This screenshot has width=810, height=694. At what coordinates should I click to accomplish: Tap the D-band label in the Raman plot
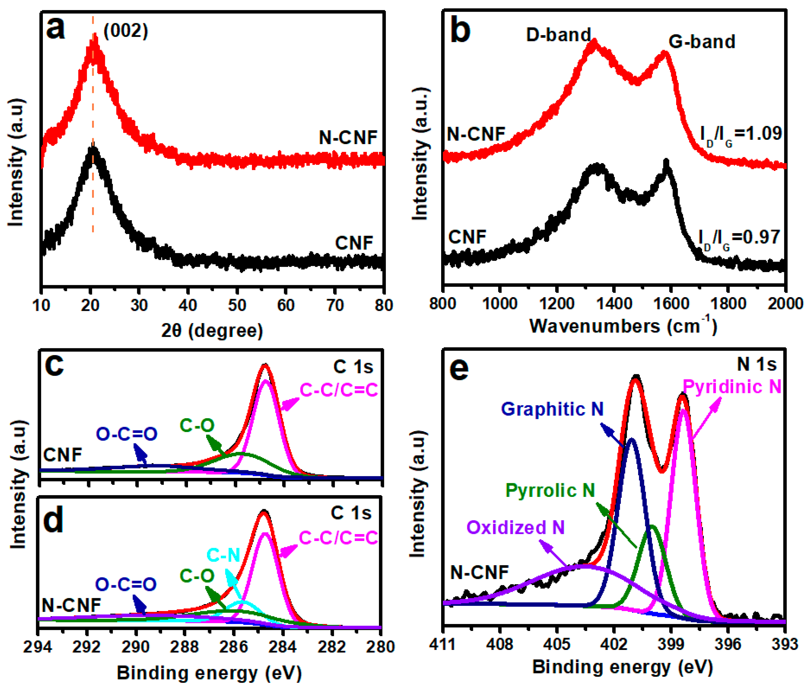558,35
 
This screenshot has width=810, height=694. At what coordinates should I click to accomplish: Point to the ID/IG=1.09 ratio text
740,134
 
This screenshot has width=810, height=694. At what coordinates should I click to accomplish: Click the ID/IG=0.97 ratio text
739,238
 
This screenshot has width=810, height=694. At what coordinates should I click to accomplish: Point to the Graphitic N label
552,409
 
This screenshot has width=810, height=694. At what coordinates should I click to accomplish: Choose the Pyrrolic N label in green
550,490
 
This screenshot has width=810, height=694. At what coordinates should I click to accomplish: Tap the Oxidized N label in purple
516,527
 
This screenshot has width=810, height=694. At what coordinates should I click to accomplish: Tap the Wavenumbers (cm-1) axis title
623,325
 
